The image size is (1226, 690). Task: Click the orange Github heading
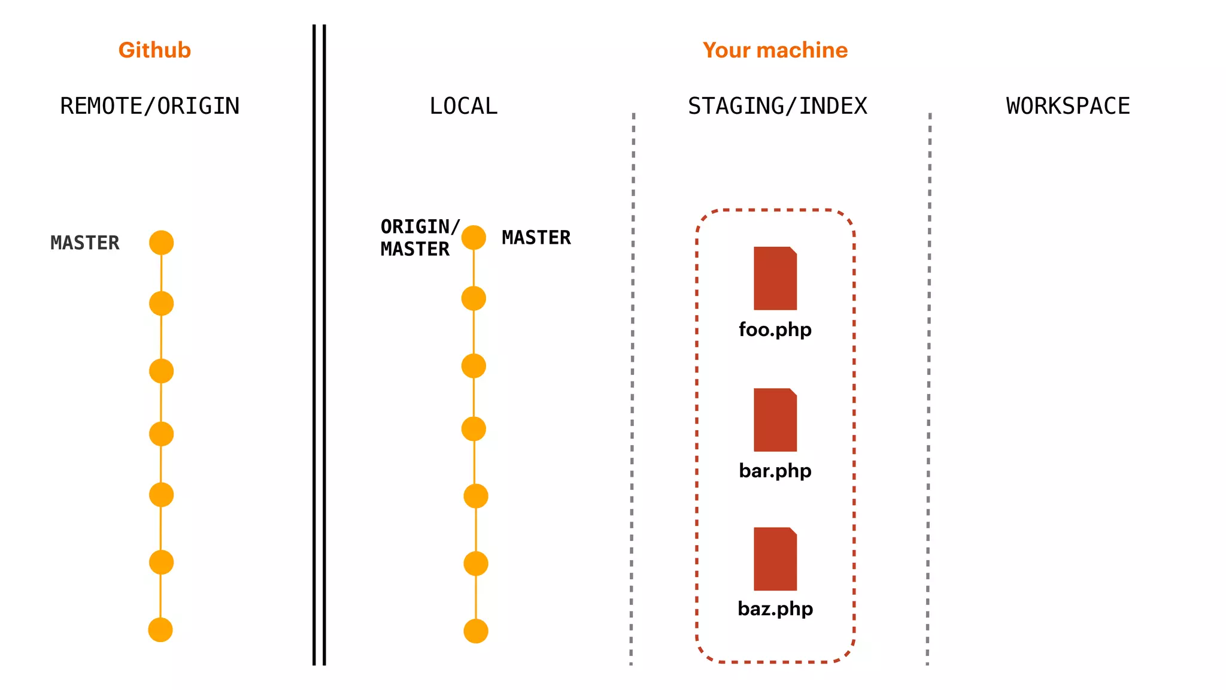[154, 50]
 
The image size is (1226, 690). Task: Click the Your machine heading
[775, 50]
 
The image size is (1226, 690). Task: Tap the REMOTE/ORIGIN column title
[150, 106]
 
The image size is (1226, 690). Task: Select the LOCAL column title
[463, 106]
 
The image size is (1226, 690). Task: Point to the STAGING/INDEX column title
[777, 106]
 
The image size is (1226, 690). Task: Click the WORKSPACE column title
[1068, 106]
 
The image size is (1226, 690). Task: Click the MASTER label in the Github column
[85, 243]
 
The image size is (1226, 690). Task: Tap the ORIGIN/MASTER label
[418, 238]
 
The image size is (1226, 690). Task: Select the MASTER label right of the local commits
[536, 238]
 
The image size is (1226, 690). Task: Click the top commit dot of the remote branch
[161, 243]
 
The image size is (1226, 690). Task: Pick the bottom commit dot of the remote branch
[160, 630]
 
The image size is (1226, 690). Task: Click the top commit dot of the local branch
[474, 238]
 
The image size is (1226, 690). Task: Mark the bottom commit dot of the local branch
[476, 631]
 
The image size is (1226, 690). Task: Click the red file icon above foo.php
[775, 279]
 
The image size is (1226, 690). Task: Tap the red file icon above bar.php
[775, 420]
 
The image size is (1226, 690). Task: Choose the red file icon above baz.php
[775, 559]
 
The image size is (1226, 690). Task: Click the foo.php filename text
[775, 329]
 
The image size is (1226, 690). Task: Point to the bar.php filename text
[775, 471]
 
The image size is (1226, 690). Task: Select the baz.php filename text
[775, 609]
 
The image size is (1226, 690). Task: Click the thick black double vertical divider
[319, 345]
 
